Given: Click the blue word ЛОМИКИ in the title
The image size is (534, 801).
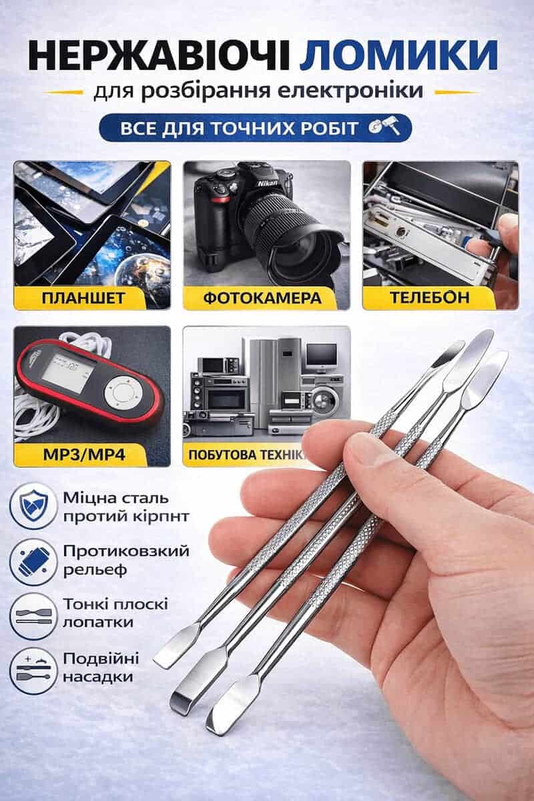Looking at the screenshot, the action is [398, 55].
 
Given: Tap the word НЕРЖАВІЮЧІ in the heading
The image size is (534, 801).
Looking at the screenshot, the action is [159, 55].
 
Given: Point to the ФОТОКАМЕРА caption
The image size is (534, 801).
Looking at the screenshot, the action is [262, 297].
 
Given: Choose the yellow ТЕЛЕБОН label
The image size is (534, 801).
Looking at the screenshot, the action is [430, 297].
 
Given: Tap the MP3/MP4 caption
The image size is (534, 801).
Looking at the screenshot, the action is [84, 455].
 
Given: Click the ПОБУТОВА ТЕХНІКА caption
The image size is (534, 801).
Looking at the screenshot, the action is [247, 455].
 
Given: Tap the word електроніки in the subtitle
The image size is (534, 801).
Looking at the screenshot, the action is [350, 92].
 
